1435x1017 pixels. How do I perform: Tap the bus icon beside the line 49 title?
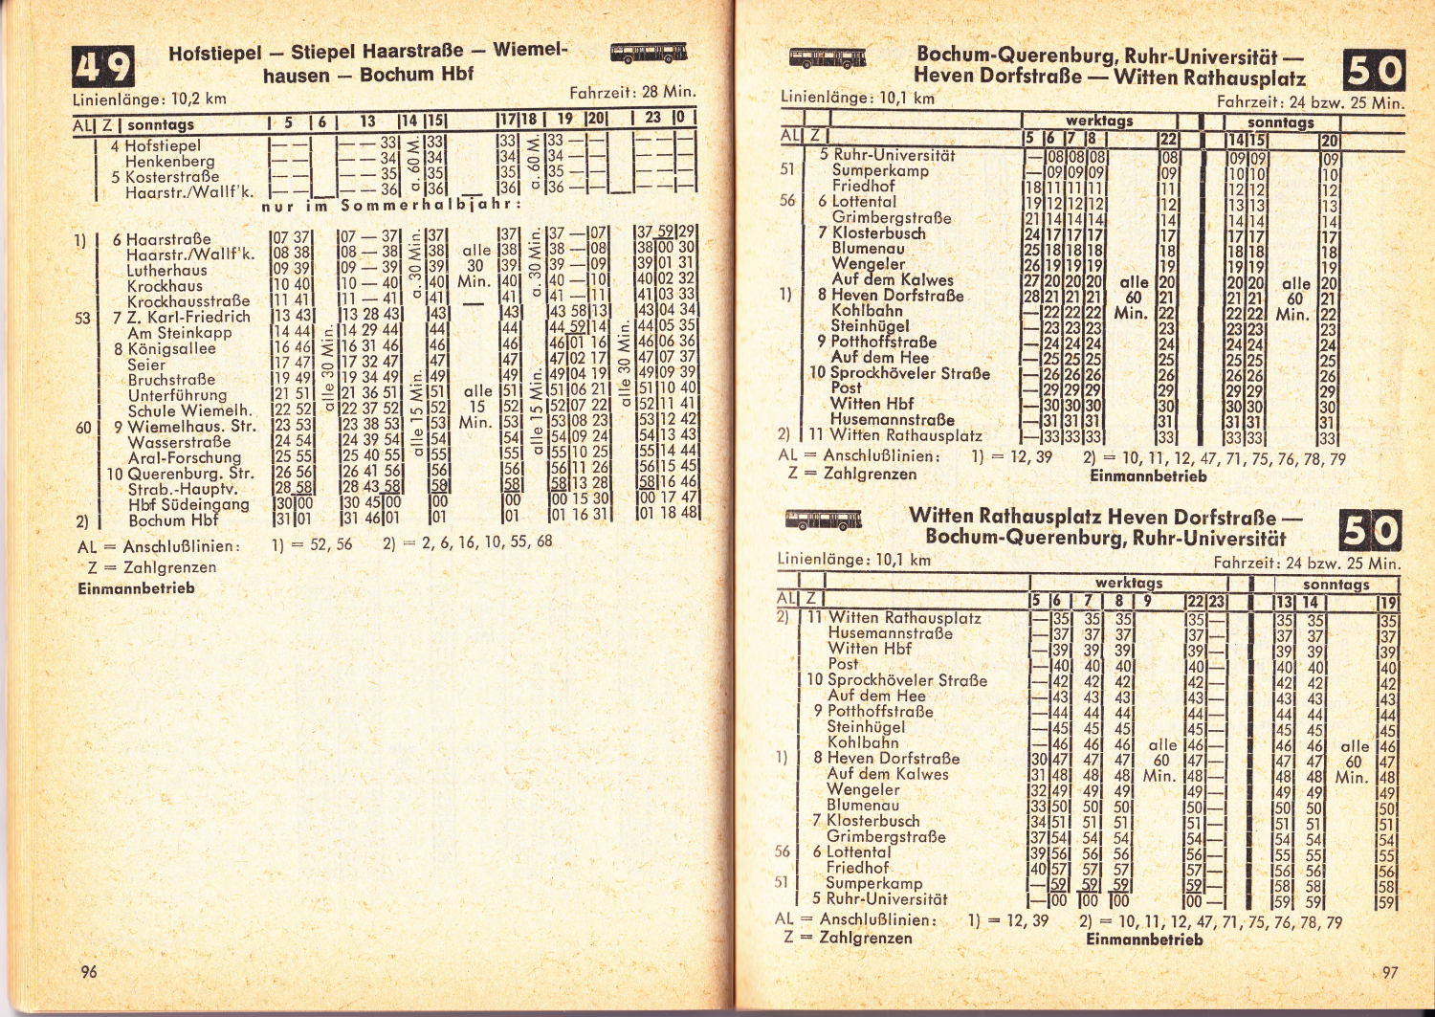(649, 53)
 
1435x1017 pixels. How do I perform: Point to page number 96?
(89, 971)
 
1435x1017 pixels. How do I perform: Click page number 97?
(1390, 972)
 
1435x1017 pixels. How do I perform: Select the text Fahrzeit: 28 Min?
(632, 93)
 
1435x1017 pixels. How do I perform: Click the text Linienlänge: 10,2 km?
(150, 99)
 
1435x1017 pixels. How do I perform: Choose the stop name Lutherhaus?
(166, 270)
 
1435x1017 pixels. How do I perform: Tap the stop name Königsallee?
(172, 348)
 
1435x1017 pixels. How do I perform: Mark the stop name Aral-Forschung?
(185, 457)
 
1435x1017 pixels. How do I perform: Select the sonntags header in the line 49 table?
(161, 124)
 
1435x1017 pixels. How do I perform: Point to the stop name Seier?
(146, 365)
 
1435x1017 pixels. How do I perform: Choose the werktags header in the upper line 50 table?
(1099, 121)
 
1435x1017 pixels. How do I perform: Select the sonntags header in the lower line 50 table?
(1336, 584)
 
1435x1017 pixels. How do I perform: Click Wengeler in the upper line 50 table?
(869, 263)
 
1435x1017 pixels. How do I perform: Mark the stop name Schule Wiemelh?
(189, 410)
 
